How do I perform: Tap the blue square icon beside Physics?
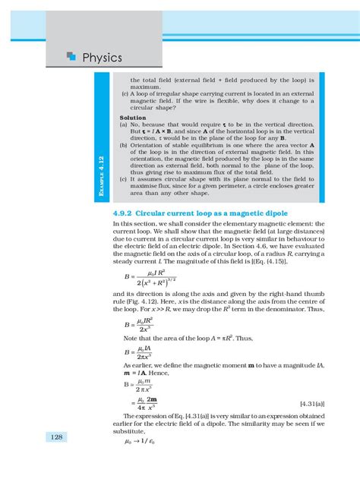pyautogui.click(x=71, y=55)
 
